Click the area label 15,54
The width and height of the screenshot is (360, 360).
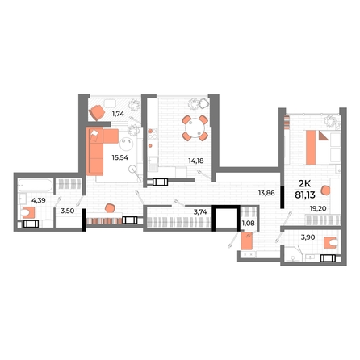pos(120,157)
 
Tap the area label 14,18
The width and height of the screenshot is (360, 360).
pos(196,161)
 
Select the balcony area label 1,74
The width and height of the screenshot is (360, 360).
pos(118,114)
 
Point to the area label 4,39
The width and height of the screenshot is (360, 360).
pos(39,200)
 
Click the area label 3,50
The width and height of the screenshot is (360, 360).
pos(68,211)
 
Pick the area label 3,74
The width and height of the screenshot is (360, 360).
pos(200,211)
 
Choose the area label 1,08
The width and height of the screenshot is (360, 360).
pos(249,223)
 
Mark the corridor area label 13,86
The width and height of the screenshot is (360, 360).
pos(266,193)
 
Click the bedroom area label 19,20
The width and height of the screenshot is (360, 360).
pos(318,208)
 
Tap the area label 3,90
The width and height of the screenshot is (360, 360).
pos(308,237)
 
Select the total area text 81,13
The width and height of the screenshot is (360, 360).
pos(305,195)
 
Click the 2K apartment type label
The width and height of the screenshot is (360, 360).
pos(304,184)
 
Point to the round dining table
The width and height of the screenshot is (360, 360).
pos(195,128)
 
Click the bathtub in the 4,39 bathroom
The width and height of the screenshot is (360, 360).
pos(36,186)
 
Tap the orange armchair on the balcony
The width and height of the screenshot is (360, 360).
pos(97,112)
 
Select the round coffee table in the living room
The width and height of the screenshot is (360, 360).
pos(127,144)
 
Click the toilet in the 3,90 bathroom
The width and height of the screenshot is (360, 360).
pos(331,243)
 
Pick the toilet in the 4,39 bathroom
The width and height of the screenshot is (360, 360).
pos(27,212)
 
